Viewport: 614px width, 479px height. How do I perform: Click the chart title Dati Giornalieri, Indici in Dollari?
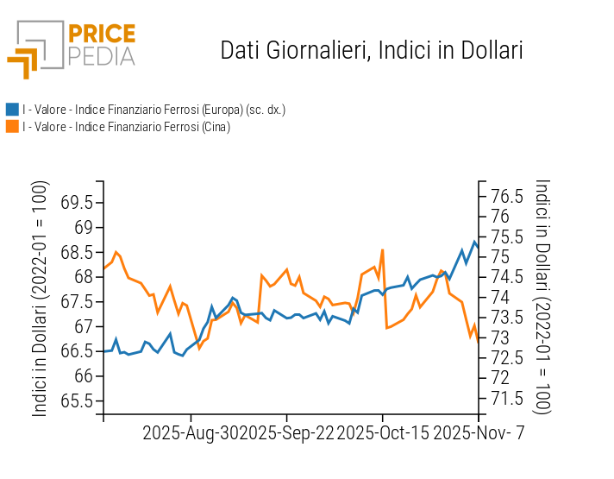tap(372, 50)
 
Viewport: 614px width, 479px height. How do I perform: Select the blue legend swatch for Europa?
tap(12, 110)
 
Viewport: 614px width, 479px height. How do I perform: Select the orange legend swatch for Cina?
tap(12, 127)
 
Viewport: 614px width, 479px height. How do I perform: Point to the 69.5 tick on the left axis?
tap(78, 203)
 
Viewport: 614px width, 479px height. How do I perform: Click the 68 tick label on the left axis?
tap(84, 277)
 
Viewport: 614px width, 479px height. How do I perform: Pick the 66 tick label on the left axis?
tap(84, 376)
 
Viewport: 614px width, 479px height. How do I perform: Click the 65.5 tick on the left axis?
tap(78, 401)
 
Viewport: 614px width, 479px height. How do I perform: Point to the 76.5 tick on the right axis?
tap(506, 196)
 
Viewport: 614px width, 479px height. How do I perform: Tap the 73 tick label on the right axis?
tap(500, 337)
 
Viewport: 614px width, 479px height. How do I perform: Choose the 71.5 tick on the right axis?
tap(506, 398)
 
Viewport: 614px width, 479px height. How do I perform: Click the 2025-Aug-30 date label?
tap(191, 433)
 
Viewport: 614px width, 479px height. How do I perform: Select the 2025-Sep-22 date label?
tap(286, 433)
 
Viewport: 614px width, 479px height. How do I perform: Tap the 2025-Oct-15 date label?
tap(382, 433)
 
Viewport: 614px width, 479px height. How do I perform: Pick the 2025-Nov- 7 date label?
tap(477, 433)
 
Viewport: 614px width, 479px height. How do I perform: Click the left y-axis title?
tap(41, 299)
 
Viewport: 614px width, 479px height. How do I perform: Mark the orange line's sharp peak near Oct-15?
tap(382, 250)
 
